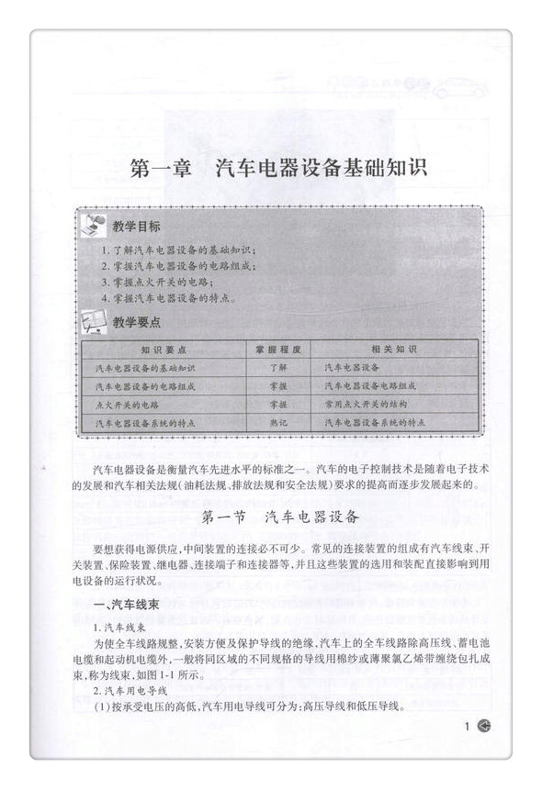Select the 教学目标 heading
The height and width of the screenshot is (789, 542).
136,227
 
